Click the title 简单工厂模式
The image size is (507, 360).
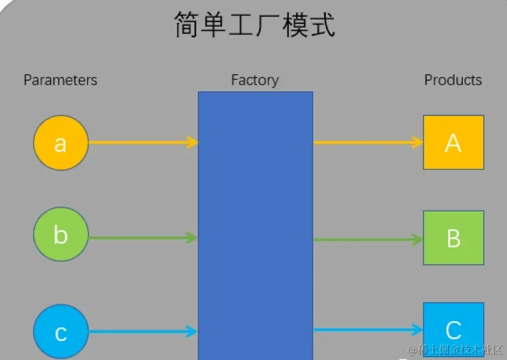[x=254, y=26]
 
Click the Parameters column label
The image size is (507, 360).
[x=60, y=80]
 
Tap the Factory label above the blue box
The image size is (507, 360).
[x=254, y=80]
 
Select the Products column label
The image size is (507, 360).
[x=453, y=80]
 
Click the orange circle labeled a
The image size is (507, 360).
[x=61, y=143]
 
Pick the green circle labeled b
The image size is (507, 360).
[x=61, y=235]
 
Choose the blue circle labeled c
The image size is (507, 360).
[x=61, y=333]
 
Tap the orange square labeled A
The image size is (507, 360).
[x=453, y=142]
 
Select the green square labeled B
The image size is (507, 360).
[x=453, y=238]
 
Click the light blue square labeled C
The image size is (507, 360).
[x=453, y=329]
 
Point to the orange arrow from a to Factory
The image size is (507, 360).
[x=143, y=143]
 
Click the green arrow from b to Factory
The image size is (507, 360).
[x=143, y=238]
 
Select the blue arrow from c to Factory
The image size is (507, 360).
[x=143, y=332]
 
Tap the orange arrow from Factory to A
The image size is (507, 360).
[x=368, y=143]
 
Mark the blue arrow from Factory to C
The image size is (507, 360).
[x=368, y=330]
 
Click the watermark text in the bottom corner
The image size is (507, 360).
[x=456, y=350]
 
